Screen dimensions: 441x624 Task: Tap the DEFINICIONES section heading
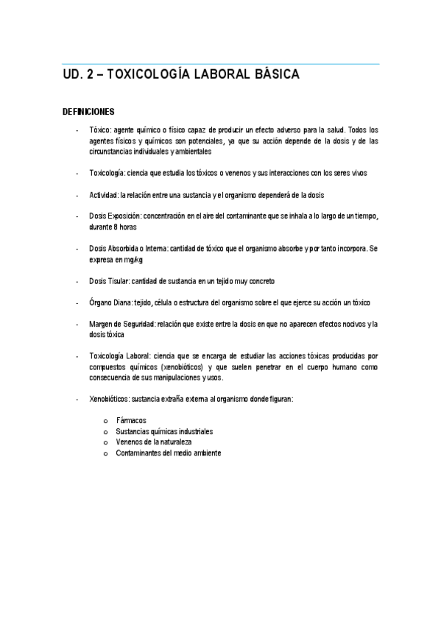88,112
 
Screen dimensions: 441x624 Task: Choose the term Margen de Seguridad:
121,325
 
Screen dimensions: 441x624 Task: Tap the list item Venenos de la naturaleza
153,442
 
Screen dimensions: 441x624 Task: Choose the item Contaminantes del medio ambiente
168,453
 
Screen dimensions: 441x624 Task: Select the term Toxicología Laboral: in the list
124,356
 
